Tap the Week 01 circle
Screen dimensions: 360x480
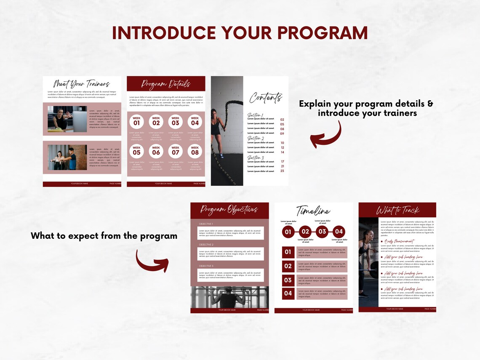[x=137, y=122]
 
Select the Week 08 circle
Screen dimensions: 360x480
[x=195, y=151]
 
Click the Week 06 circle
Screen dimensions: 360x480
[x=156, y=151]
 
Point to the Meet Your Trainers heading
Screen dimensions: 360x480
[x=82, y=83]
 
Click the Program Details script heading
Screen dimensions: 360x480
[x=166, y=84]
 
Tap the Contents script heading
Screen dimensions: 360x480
[x=265, y=98]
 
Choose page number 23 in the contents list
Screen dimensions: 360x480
[x=282, y=171]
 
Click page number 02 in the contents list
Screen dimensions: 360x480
[x=282, y=120]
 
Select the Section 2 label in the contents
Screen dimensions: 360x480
[x=256, y=138]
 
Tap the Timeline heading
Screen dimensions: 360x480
[x=313, y=211]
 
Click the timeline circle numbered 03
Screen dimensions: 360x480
[x=322, y=232]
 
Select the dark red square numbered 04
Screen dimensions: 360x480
[x=288, y=293]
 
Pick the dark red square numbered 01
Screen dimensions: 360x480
[x=288, y=252]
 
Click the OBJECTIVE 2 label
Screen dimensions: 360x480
[x=206, y=245]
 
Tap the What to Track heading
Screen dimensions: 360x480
[x=397, y=210]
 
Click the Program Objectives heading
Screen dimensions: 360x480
[x=229, y=209]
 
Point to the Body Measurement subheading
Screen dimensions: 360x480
[x=399, y=241]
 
